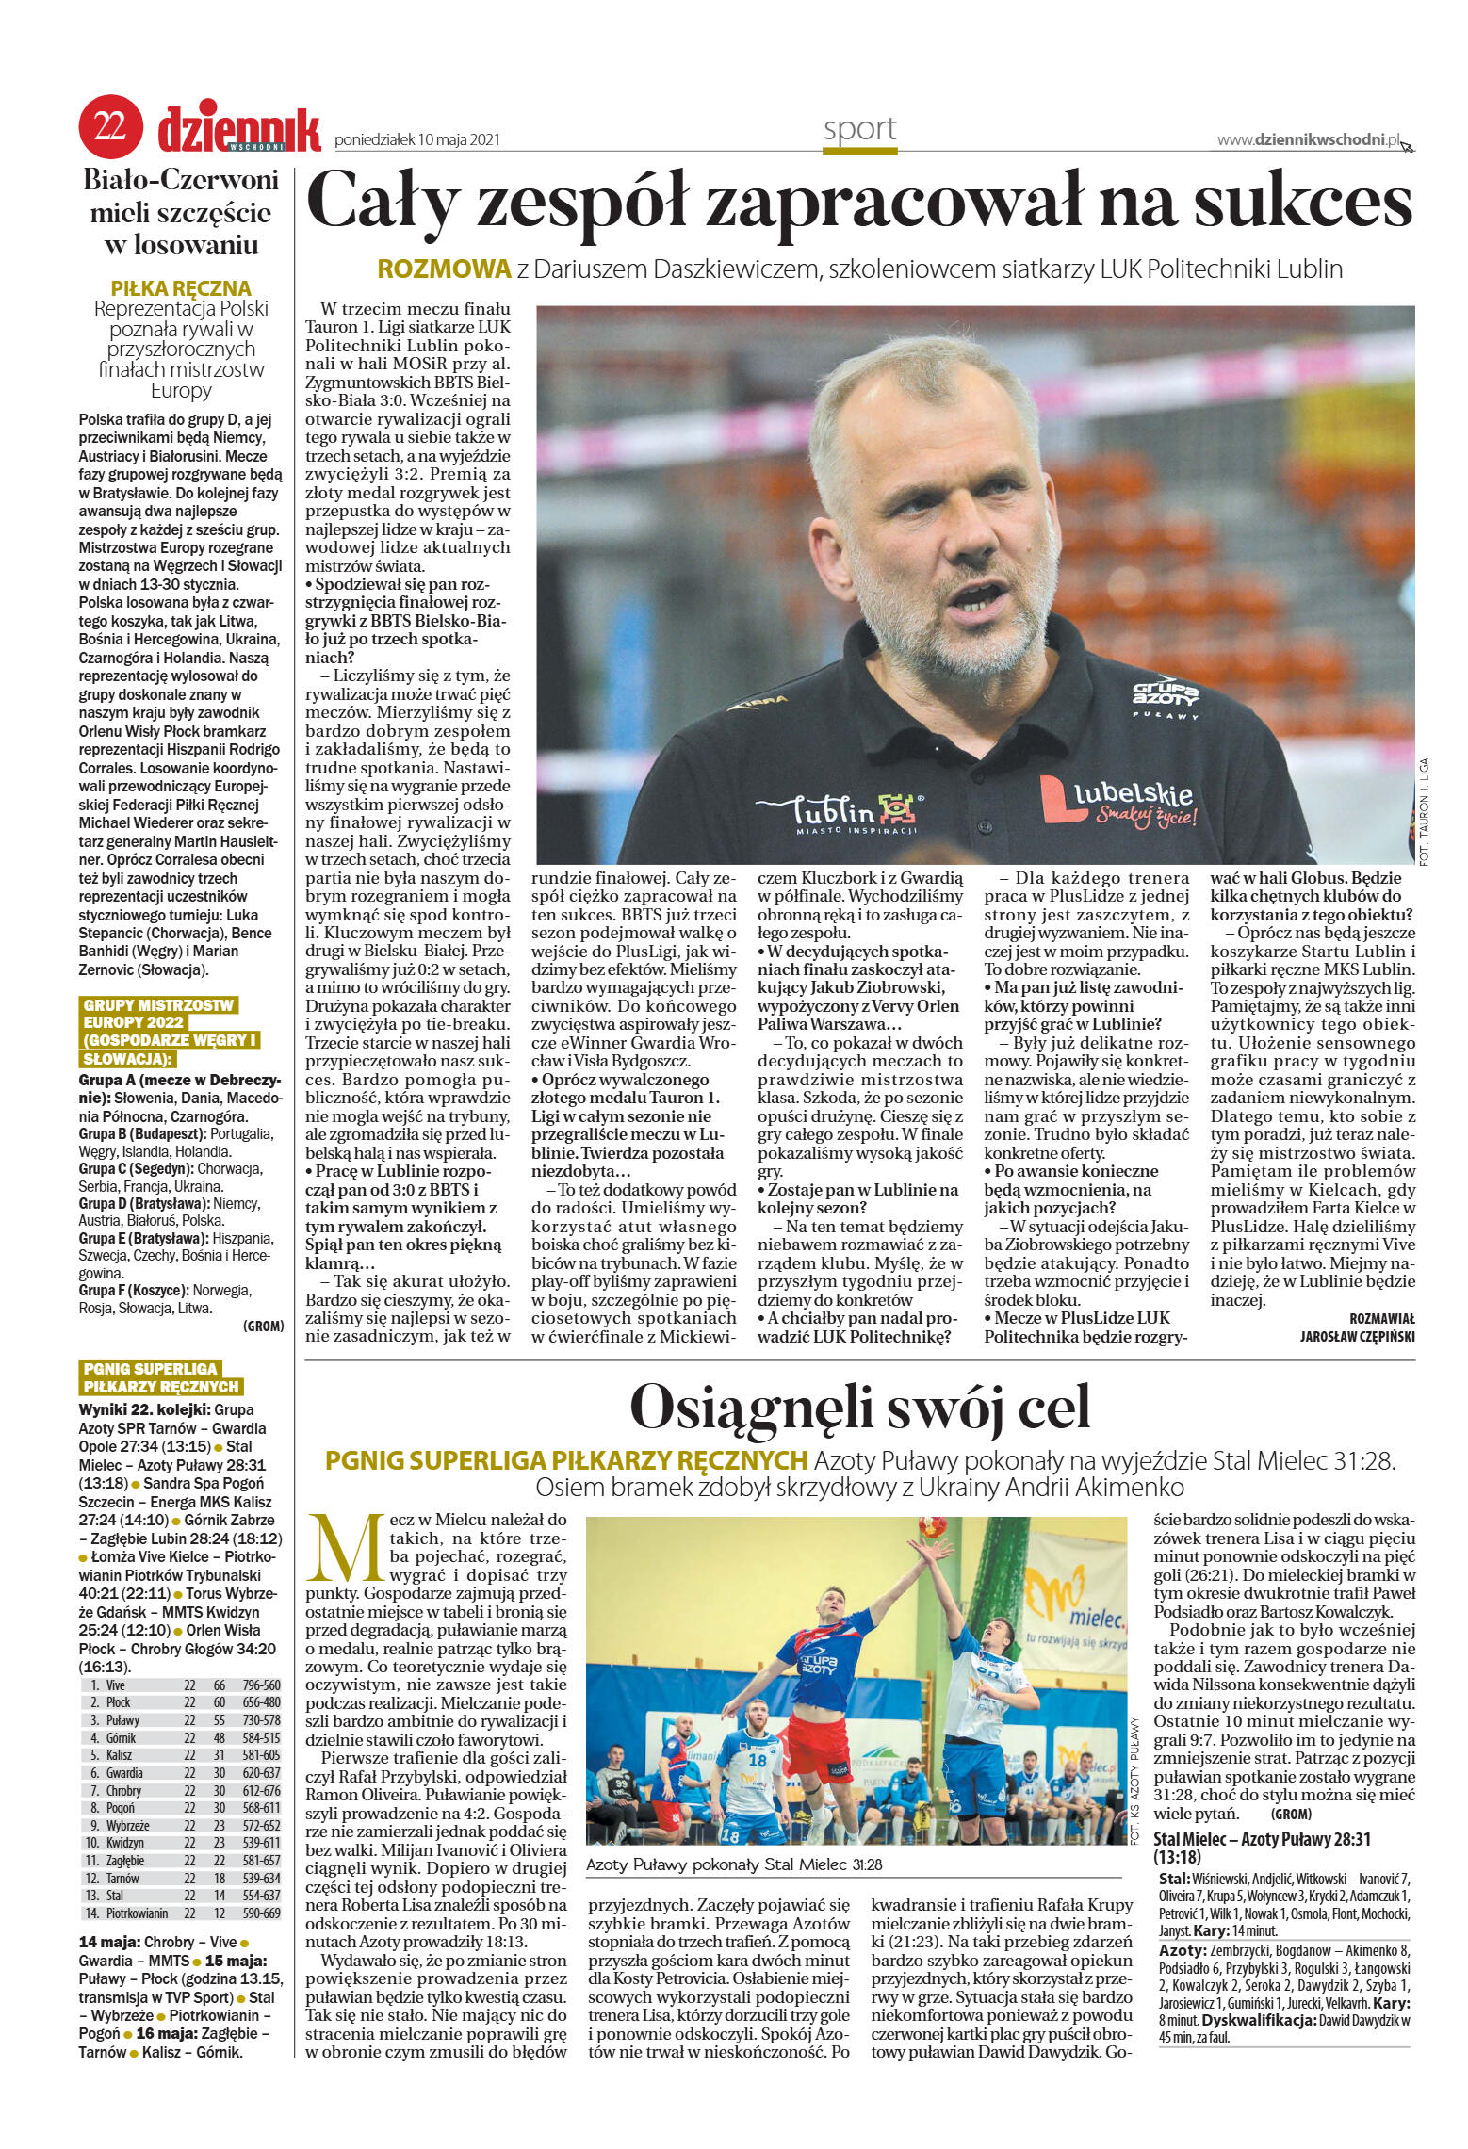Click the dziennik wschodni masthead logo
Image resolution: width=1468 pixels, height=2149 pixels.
coord(239,129)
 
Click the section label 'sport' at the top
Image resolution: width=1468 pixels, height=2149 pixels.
coord(859,129)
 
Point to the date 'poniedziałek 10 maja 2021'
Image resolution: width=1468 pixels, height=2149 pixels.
coord(416,141)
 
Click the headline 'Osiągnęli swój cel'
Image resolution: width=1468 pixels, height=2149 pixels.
coord(859,1408)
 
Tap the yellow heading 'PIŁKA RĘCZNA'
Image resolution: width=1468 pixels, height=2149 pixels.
coord(181,288)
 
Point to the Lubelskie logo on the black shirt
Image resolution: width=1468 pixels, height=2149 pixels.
coord(1118,799)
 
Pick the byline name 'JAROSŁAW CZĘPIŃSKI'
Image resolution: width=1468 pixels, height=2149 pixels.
coord(1357,1335)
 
